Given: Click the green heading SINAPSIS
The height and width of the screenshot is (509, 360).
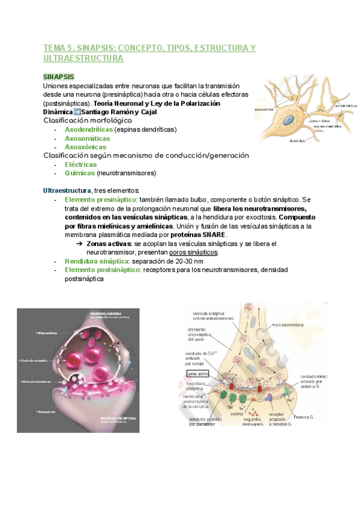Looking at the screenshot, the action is click(59, 77).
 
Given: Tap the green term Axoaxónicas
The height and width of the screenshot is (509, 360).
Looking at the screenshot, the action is click(85, 146).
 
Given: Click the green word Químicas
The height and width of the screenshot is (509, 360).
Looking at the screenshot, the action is click(79, 173).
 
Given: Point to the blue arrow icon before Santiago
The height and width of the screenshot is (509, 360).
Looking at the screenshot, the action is click(77, 112).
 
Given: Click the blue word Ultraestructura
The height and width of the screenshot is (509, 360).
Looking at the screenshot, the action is click(67, 190).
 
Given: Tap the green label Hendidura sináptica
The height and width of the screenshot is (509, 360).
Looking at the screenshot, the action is click(96, 261).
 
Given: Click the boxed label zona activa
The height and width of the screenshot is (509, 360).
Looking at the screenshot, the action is click(197, 374).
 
